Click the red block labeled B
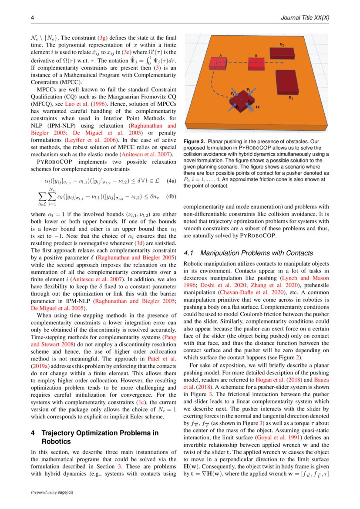pos(256,64)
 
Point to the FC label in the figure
pos(258,107)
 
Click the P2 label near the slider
pos(248,89)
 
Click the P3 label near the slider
pos(232,94)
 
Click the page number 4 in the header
pos(32,18)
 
